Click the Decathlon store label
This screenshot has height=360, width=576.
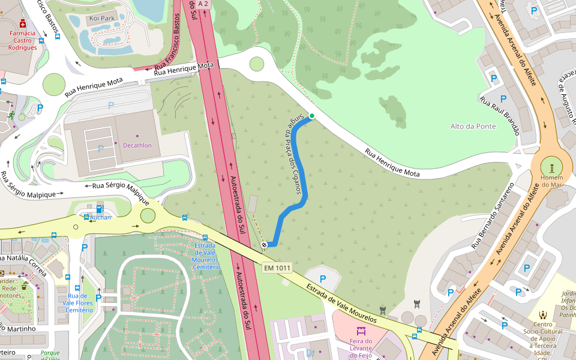pyautogui.click(x=137, y=145)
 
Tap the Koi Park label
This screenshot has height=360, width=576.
pyautogui.click(x=101, y=19)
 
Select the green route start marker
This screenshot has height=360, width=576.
pyautogui.click(x=311, y=116)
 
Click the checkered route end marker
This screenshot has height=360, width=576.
pyautogui.click(x=264, y=244)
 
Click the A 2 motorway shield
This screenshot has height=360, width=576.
pyautogui.click(x=203, y=4)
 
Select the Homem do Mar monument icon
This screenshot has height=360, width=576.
pyautogui.click(x=551, y=165)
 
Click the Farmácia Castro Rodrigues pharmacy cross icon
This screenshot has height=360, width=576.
pyautogui.click(x=23, y=23)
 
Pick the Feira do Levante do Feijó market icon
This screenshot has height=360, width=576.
pyautogui.click(x=361, y=331)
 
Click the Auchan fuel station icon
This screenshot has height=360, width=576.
pyautogui.click(x=100, y=209)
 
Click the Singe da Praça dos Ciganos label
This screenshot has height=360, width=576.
pyautogui.click(x=291, y=155)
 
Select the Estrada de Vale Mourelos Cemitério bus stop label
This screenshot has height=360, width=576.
pyautogui.click(x=207, y=256)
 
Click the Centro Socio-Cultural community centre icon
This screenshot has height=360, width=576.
pyautogui.click(x=542, y=314)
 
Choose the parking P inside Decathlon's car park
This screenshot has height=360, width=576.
pyautogui.click(x=100, y=148)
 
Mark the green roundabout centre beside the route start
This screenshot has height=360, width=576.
pyautogui.click(x=257, y=64)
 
